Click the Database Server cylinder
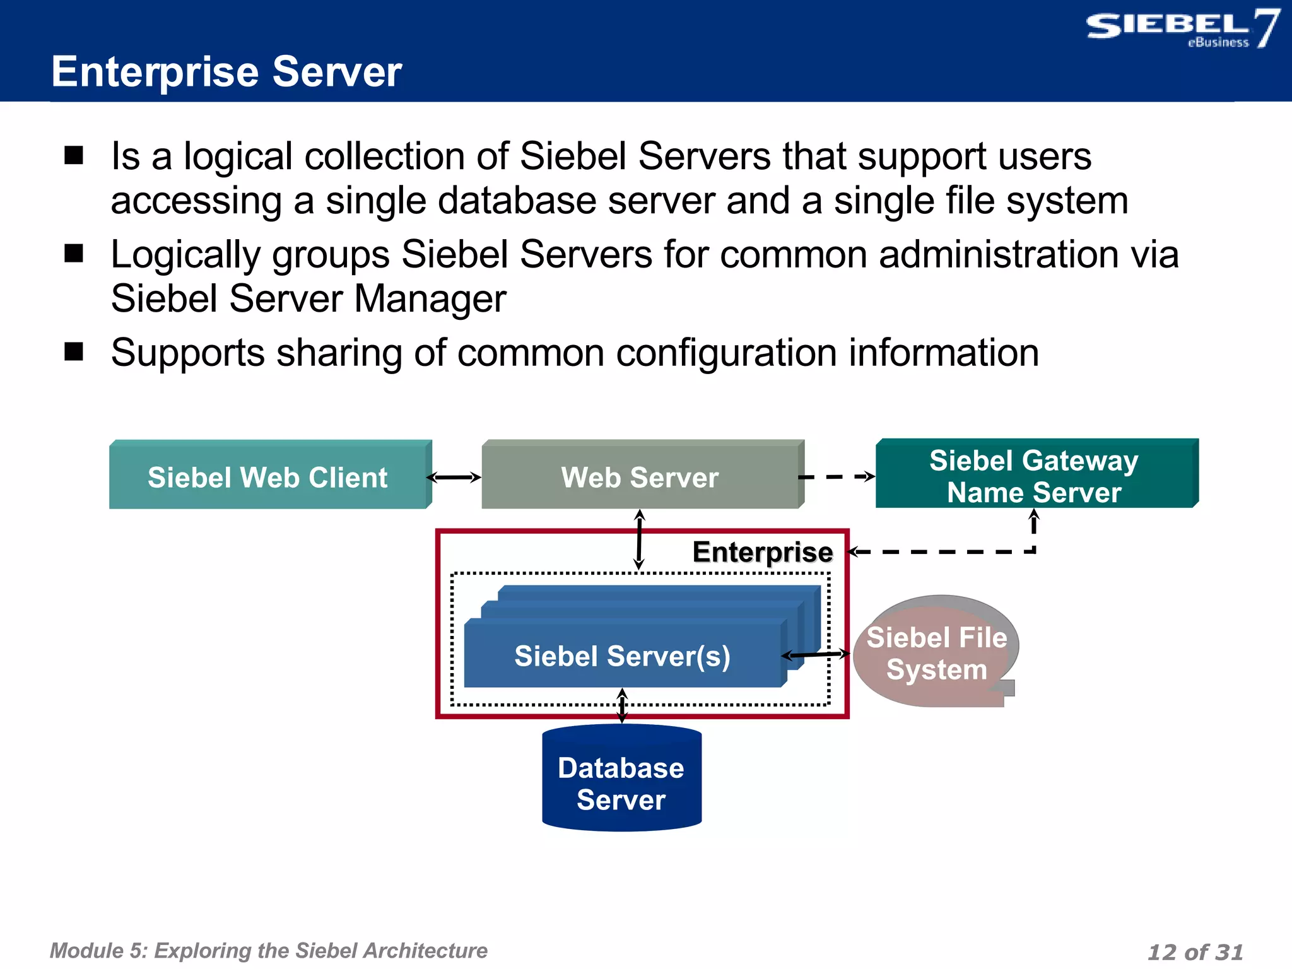click(621, 782)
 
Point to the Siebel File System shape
click(936, 653)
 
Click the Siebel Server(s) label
click(622, 656)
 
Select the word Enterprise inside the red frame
click(762, 552)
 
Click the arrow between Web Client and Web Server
click(454, 478)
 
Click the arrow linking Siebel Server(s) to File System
click(816, 655)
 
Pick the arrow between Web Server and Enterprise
click(639, 539)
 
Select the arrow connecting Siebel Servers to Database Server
click(622, 706)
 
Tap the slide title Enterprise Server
click(226, 71)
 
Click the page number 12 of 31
click(1195, 951)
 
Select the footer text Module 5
click(268, 950)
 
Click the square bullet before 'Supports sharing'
click(74, 351)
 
